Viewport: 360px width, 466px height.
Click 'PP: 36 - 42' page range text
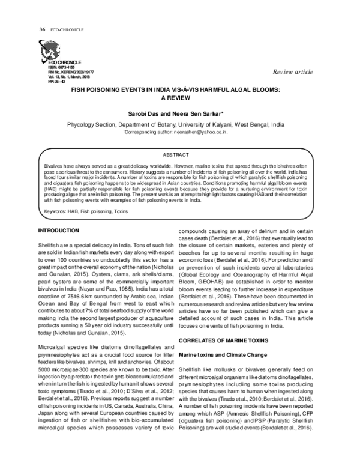pos(57,82)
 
